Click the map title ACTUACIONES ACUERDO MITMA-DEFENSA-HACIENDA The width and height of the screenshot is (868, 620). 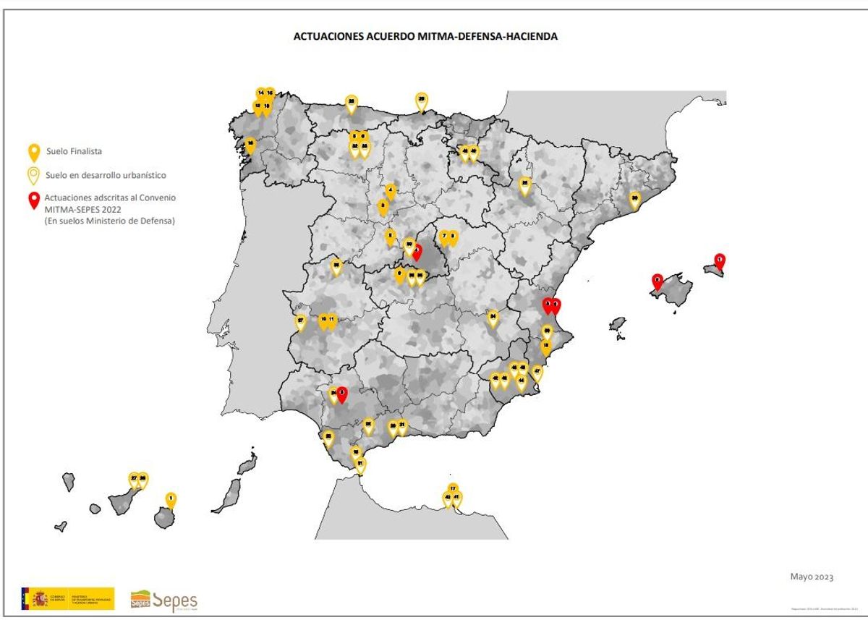[x=425, y=36]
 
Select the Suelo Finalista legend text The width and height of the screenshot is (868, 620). [x=74, y=151]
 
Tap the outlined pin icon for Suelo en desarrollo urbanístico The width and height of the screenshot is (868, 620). [x=33, y=175]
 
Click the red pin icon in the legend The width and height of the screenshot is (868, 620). [x=33, y=200]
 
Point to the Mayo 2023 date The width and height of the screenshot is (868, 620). [x=812, y=577]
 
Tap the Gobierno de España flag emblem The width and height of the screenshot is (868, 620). [x=36, y=598]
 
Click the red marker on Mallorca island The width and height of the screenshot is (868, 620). [x=658, y=280]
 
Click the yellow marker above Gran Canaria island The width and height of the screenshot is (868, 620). [x=171, y=498]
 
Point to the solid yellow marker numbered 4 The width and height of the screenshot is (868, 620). [x=391, y=191]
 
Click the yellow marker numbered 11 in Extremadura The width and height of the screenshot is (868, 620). [x=332, y=320]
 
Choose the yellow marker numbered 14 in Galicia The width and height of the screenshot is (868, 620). [x=260, y=95]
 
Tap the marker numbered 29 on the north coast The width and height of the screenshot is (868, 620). [x=421, y=100]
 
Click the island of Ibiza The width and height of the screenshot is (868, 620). [x=617, y=323]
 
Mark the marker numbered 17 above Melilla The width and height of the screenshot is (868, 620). [x=453, y=489]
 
